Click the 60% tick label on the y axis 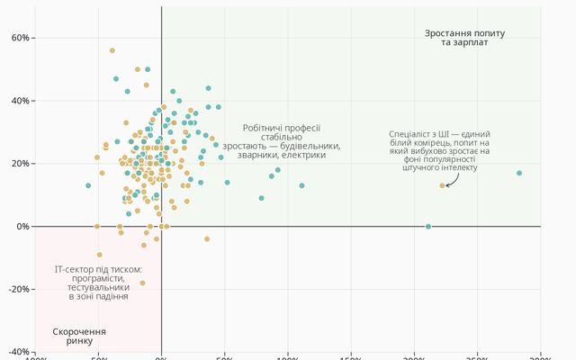19,38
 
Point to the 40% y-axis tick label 19,101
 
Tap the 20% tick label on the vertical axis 19,163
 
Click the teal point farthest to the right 519,173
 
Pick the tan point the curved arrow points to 442,185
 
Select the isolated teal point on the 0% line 428,226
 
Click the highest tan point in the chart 112,50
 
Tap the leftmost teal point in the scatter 88,185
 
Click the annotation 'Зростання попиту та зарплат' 465,38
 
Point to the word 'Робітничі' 264,129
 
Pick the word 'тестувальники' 98,286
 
